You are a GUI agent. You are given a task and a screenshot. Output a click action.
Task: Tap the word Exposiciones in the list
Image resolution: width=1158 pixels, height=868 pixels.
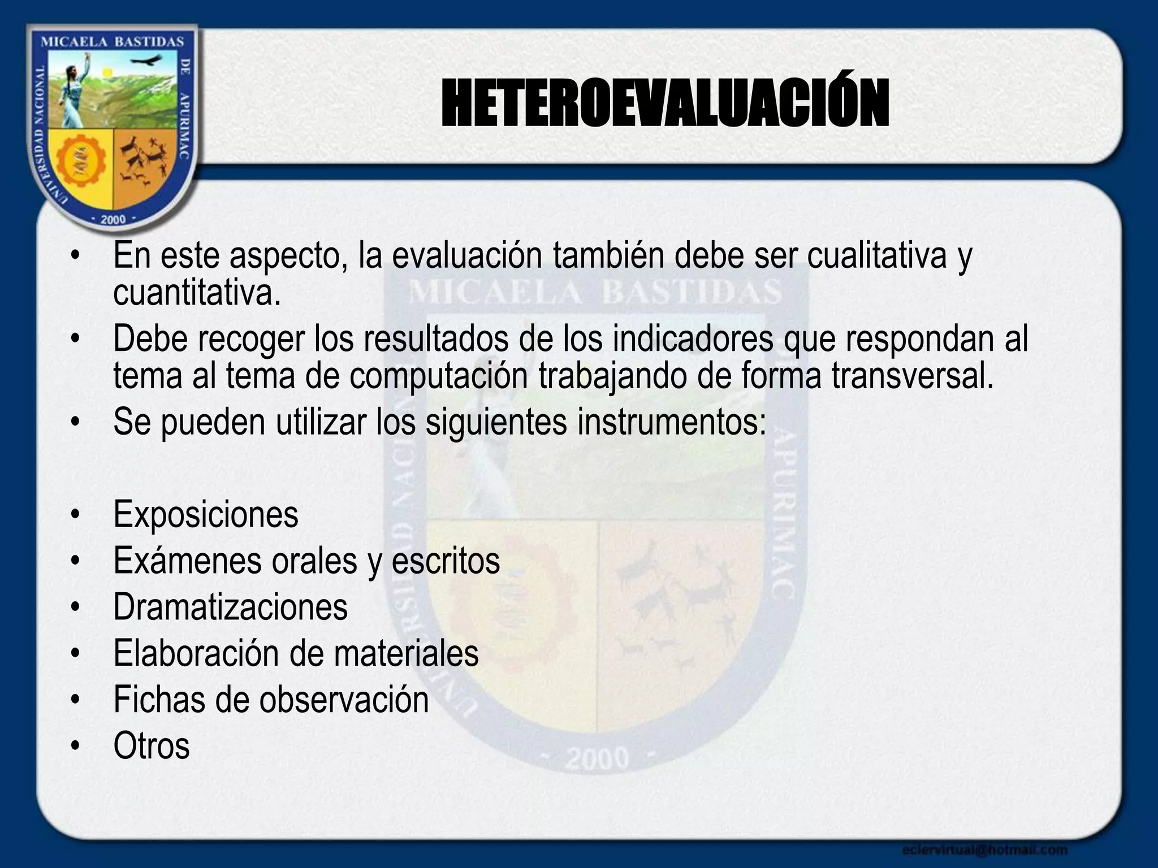[x=205, y=515]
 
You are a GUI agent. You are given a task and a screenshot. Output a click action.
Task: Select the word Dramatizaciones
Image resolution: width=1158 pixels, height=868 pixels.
[x=230, y=607]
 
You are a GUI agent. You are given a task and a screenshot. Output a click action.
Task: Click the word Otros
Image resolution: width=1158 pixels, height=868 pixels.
[x=151, y=747]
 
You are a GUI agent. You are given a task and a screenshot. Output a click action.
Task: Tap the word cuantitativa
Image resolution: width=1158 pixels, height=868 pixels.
[x=197, y=293]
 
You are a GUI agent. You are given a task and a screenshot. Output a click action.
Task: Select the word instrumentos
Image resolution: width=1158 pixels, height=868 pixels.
[x=671, y=423]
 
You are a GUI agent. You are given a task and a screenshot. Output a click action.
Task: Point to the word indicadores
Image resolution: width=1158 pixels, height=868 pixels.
[x=693, y=339]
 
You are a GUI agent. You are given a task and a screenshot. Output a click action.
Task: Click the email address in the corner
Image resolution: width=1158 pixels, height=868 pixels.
[x=984, y=849]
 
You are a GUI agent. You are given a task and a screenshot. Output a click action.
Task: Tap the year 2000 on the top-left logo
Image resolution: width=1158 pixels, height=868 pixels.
[x=113, y=219]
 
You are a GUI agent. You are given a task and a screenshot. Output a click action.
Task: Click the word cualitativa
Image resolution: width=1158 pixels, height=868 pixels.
[x=876, y=255]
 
